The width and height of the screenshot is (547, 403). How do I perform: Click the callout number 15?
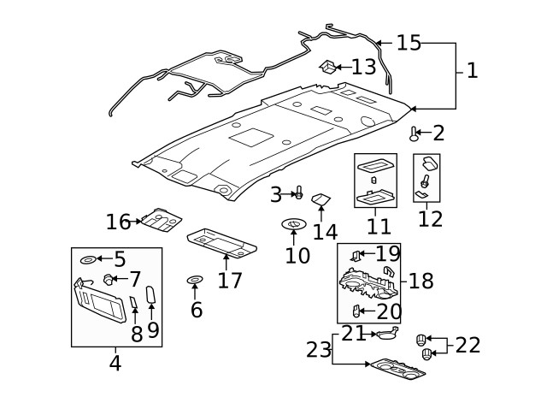point(409,43)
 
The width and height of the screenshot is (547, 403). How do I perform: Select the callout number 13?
point(363,66)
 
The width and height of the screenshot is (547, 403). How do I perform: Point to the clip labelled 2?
point(415,133)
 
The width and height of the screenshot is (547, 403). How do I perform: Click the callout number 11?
point(379,227)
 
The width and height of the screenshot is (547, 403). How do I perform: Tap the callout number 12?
point(430,218)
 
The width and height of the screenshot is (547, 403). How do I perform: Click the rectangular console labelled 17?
point(221,243)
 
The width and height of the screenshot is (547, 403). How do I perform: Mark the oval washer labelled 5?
point(88,259)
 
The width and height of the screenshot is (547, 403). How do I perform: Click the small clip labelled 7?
point(109,278)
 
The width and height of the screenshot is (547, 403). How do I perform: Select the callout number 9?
point(153,329)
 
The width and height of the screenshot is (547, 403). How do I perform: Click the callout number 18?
point(421,281)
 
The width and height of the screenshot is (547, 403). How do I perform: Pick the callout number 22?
point(468,345)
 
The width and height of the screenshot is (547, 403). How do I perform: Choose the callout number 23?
point(319,349)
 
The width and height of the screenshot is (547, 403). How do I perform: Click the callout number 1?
point(472,70)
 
